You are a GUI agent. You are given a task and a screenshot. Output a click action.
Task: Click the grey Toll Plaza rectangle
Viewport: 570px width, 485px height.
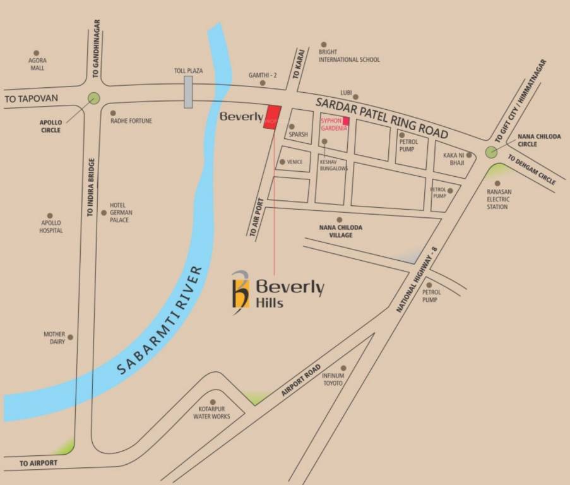tap(188, 92)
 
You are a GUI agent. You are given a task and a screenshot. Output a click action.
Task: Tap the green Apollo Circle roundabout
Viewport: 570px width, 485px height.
tap(94, 98)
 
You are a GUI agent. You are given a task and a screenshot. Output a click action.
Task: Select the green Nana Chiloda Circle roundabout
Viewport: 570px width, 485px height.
tap(491, 152)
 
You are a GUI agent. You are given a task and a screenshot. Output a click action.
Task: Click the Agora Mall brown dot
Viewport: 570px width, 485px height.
tap(36, 53)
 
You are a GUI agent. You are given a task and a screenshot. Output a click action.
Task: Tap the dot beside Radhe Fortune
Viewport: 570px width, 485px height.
tap(113, 113)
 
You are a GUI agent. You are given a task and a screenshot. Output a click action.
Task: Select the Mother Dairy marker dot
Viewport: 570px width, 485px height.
tap(70, 337)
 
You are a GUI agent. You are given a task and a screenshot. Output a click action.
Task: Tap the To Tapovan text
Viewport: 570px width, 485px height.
tap(32, 99)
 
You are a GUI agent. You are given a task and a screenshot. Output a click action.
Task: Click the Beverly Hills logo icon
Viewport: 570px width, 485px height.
tap(240, 289)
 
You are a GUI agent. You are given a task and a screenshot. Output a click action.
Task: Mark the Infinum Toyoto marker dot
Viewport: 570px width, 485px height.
tap(343, 368)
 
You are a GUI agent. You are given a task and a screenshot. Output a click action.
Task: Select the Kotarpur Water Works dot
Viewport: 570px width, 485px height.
tap(213, 402)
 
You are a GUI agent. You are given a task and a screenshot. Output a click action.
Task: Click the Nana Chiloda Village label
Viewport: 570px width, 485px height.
tap(340, 231)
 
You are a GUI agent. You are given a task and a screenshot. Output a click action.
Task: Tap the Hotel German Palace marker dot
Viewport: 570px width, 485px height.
tap(104, 213)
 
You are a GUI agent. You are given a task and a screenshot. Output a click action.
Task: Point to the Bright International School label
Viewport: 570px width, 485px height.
tap(349, 56)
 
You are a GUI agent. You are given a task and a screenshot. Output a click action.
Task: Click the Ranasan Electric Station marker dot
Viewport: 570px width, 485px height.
tap(497, 184)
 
